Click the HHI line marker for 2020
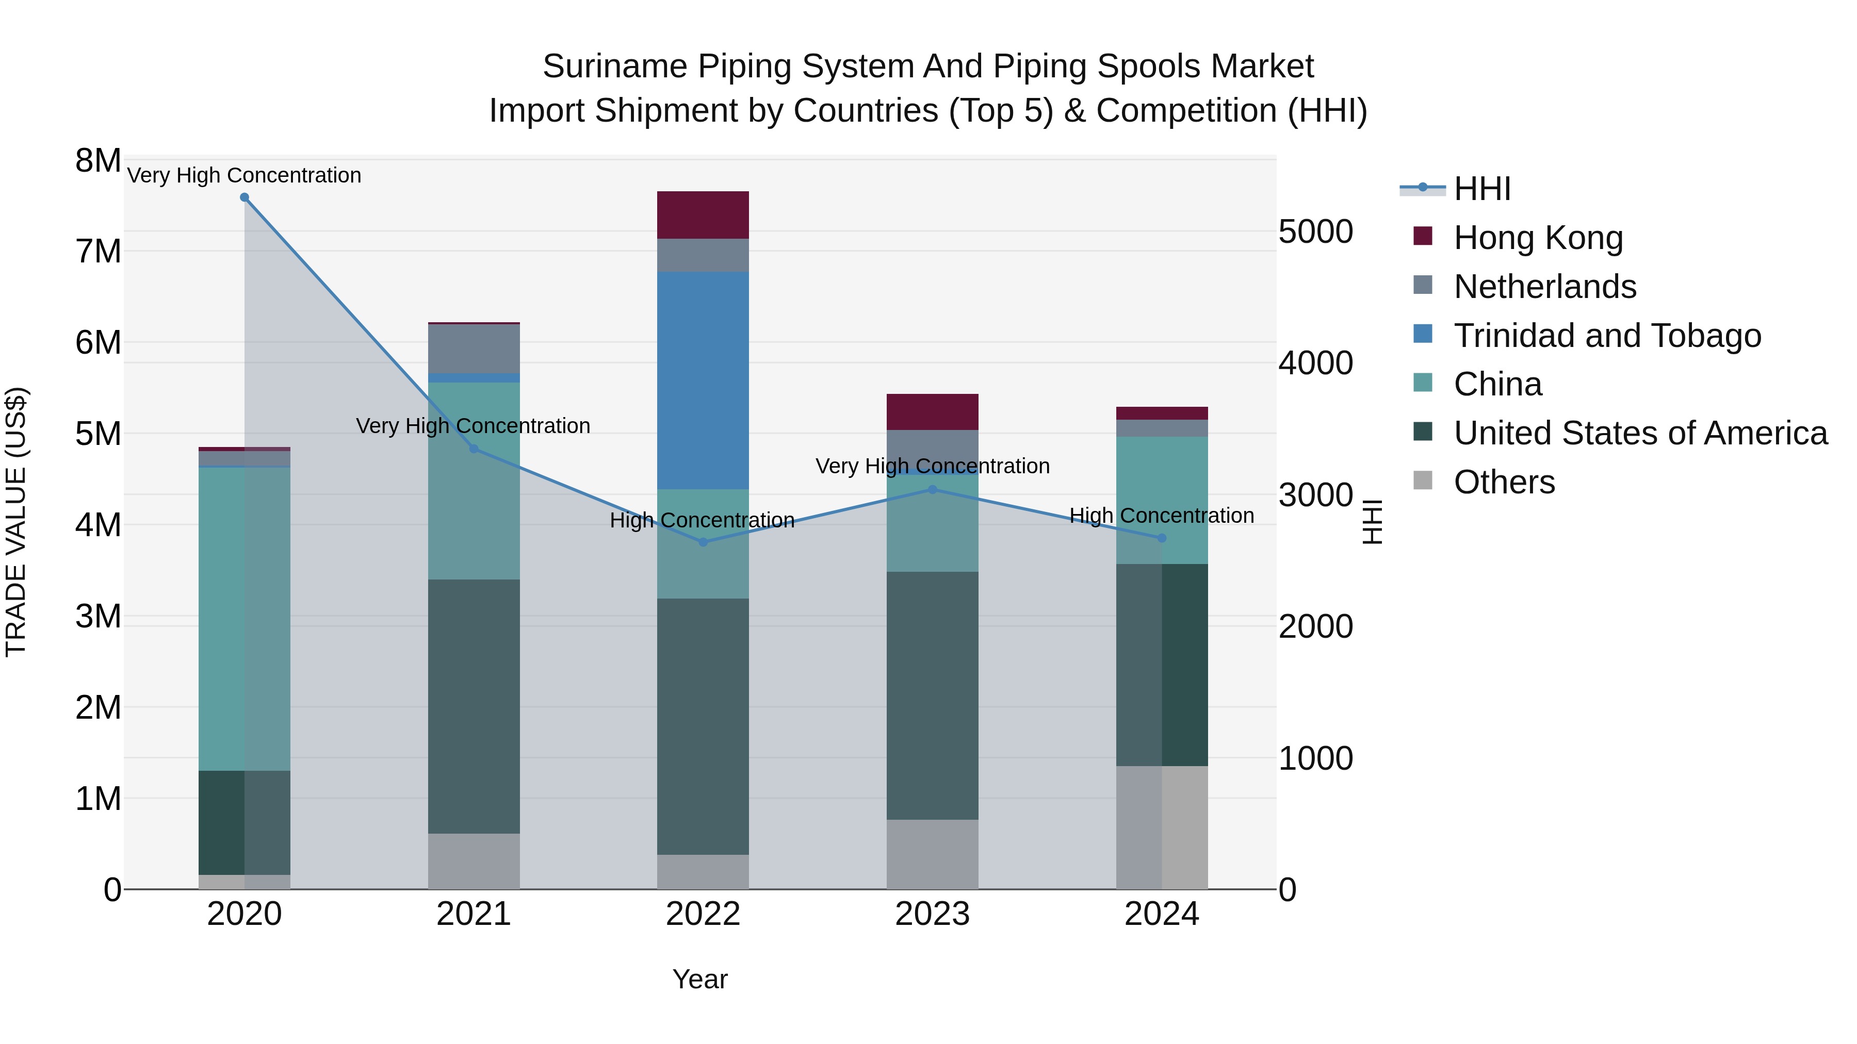point(245,197)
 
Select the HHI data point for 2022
point(704,542)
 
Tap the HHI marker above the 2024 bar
point(1161,538)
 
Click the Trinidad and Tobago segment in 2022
point(703,380)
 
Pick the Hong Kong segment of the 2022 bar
point(703,214)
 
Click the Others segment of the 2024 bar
point(1161,827)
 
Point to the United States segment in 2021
point(474,706)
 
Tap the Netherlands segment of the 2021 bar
point(474,349)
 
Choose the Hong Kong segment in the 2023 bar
point(932,412)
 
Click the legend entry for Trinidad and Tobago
point(1607,336)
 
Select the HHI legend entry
point(1481,189)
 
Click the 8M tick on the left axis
point(98,161)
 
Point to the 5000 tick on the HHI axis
point(1315,232)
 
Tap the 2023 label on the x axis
point(932,914)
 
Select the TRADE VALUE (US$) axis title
point(16,522)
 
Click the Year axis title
point(700,979)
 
